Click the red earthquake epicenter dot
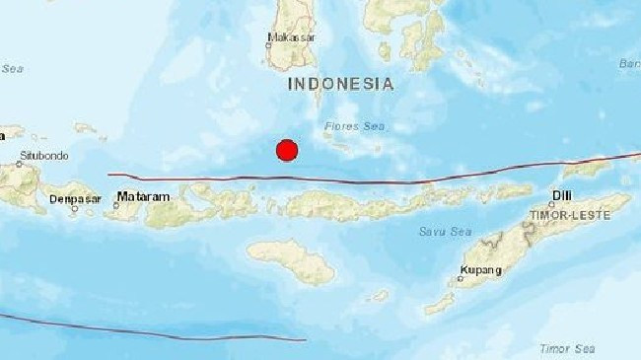point(287,150)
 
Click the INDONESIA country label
point(341,84)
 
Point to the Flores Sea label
point(357,126)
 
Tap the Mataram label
point(144,197)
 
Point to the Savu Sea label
point(447,232)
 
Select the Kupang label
point(480,270)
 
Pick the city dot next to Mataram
point(113,202)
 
